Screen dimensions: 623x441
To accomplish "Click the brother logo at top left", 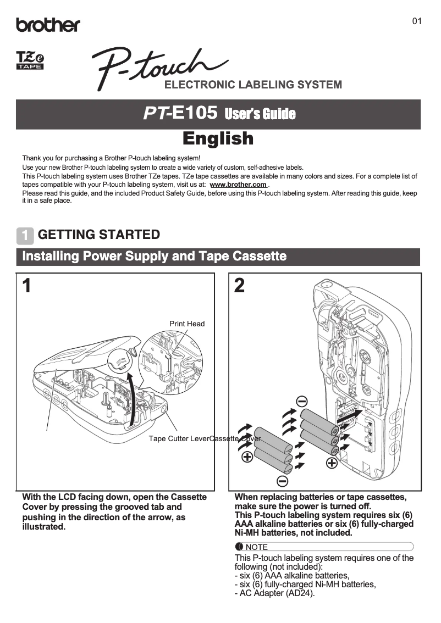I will [48, 25].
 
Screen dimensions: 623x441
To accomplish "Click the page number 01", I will [417, 21].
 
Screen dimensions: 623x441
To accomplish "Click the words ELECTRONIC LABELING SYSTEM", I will [253, 85].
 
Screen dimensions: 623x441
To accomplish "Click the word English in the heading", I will [218, 138].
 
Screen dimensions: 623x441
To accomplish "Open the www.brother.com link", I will [238, 185].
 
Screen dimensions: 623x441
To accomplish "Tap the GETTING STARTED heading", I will [99, 235].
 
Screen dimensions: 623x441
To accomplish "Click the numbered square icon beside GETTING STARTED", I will [25, 235].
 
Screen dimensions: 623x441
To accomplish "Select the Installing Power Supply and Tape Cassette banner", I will [154, 256].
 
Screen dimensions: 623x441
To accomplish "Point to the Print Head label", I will [186, 324].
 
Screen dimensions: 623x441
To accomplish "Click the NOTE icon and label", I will [251, 547].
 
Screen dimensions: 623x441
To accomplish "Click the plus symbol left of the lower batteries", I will [247, 457].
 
